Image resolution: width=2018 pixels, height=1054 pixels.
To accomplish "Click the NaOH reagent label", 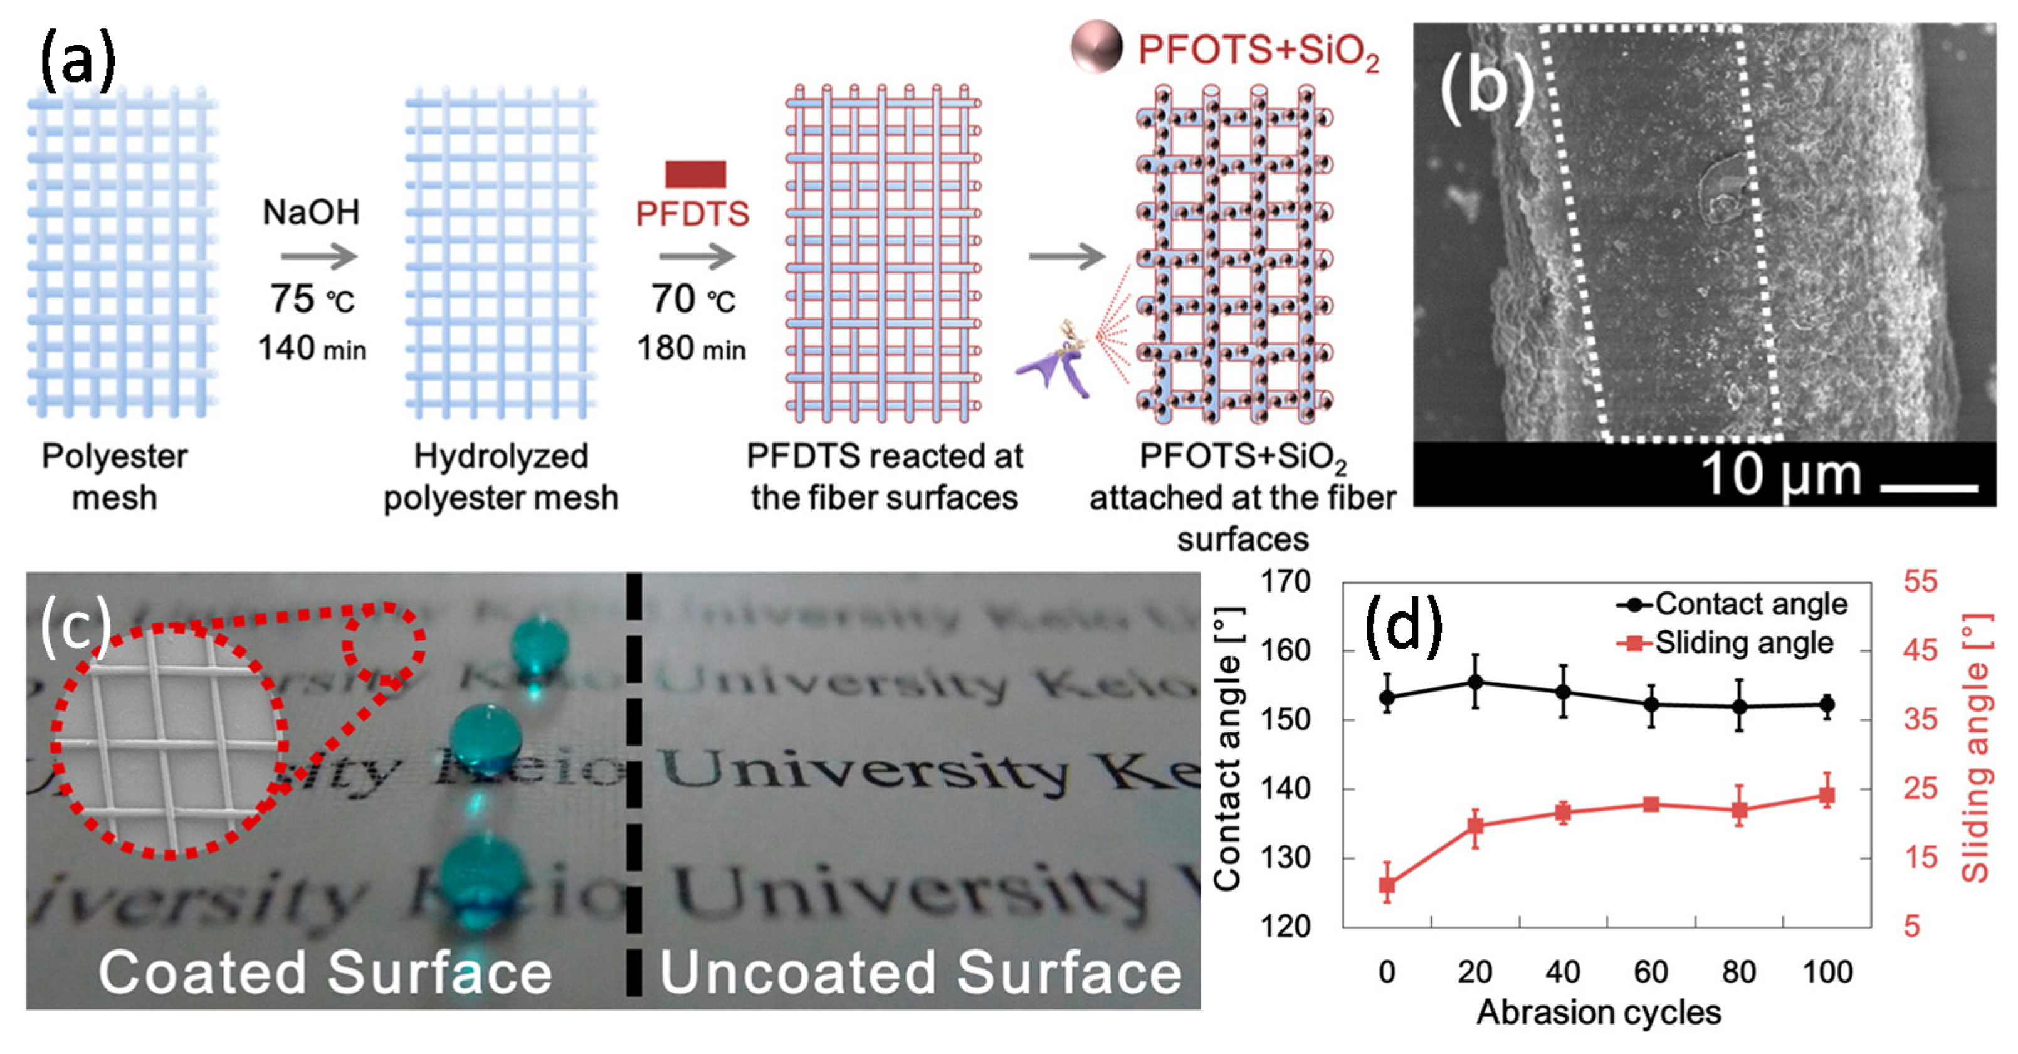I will pos(311,213).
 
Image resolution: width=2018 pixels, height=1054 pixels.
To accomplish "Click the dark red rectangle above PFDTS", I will pos(695,174).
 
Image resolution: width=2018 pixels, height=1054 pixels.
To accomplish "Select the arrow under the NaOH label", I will pos(319,256).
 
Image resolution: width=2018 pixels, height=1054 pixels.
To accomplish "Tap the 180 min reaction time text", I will pos(691,348).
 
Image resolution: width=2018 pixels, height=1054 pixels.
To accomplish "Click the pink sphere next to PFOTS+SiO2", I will pos(1096,47).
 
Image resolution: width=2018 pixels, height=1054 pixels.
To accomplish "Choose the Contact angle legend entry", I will pos(1732,604).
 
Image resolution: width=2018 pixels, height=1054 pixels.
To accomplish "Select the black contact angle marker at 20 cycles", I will pos(1475,682).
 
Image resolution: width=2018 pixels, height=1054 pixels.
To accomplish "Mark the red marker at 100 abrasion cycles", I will pos(1826,796).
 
